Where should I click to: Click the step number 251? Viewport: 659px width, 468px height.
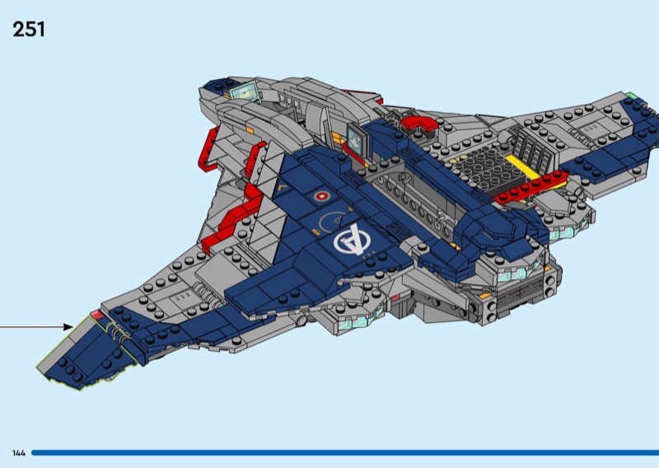coord(29,30)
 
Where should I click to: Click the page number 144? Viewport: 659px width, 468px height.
coord(19,453)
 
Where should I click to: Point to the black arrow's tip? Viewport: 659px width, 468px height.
coord(72,327)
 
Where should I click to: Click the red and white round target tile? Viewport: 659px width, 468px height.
coord(322,198)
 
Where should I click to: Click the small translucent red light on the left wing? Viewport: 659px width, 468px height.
coord(96,316)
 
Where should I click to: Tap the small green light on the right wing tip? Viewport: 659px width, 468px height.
coord(631,96)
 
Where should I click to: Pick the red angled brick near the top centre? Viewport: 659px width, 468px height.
coord(418,123)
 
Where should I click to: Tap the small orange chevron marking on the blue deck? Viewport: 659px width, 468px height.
coord(284,188)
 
